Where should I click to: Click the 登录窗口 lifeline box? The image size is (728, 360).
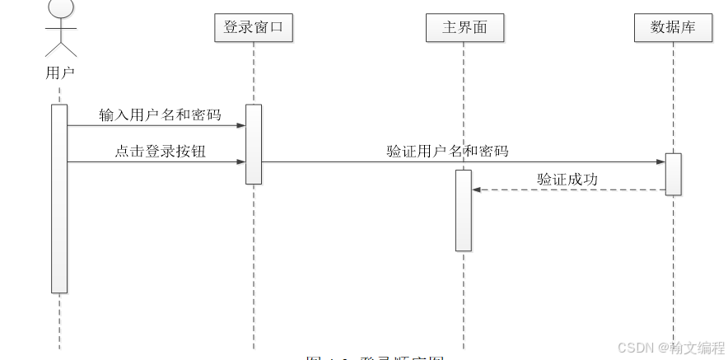tap(253, 27)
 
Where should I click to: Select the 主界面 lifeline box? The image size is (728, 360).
tap(464, 27)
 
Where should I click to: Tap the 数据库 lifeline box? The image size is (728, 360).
tap(673, 27)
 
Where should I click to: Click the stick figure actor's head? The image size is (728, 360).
tap(59, 7)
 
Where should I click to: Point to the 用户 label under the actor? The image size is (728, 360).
tap(59, 72)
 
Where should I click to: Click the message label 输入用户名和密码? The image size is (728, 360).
tap(160, 115)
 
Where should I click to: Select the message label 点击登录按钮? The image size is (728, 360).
tap(160, 152)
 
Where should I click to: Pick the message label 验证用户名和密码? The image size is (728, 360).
tap(447, 151)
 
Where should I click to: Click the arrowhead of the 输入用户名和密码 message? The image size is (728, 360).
tap(241, 126)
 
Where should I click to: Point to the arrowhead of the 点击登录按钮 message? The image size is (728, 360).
tap(241, 162)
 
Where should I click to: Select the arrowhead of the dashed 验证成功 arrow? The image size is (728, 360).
tap(477, 190)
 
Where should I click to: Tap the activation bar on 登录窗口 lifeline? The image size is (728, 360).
tap(254, 144)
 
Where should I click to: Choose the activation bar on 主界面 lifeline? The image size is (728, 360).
tap(464, 211)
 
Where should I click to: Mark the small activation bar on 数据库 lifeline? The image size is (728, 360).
tap(673, 175)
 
